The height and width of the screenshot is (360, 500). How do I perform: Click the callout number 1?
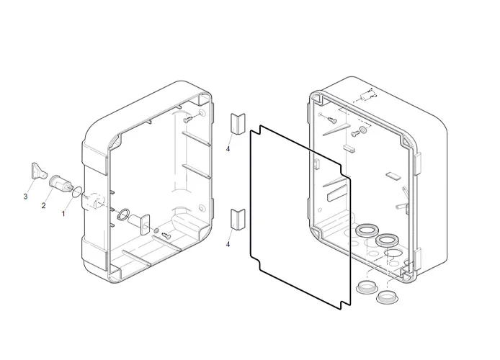63,214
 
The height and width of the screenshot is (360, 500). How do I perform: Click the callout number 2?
43,206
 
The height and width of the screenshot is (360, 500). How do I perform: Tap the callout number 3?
25,196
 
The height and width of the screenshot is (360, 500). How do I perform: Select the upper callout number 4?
228,149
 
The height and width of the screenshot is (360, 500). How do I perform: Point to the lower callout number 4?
228,245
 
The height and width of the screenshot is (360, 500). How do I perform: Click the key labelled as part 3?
37,172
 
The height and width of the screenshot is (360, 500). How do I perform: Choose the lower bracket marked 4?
238,219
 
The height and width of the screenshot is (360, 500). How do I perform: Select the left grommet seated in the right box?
365,230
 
